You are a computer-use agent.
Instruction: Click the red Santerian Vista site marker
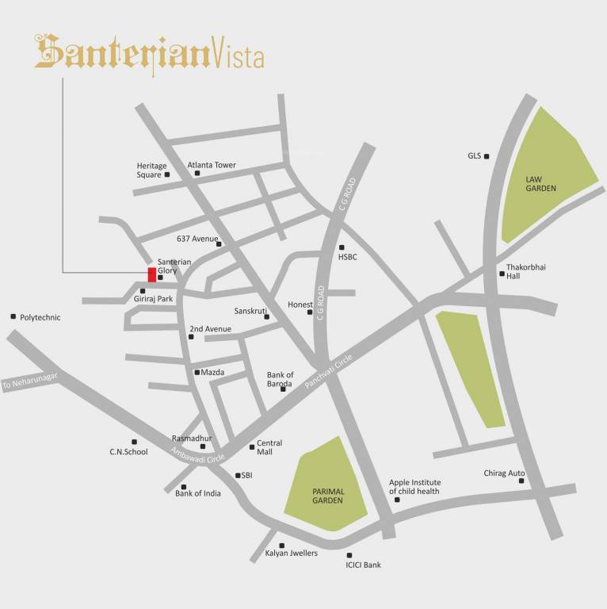152,275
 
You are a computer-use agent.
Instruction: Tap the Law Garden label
541,184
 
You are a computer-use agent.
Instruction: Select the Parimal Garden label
326,496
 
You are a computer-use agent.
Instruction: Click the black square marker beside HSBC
342,247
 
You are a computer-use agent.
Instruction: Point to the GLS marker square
487,156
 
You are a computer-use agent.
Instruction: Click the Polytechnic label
40,317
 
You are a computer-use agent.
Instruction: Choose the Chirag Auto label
504,473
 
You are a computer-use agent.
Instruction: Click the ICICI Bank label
363,565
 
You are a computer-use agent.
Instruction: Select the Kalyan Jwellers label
291,553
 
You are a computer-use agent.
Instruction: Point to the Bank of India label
198,493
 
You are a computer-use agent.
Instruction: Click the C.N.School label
128,452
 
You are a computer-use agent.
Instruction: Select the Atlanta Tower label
212,165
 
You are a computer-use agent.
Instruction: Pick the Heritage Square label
151,170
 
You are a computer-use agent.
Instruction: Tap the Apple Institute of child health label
419,487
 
